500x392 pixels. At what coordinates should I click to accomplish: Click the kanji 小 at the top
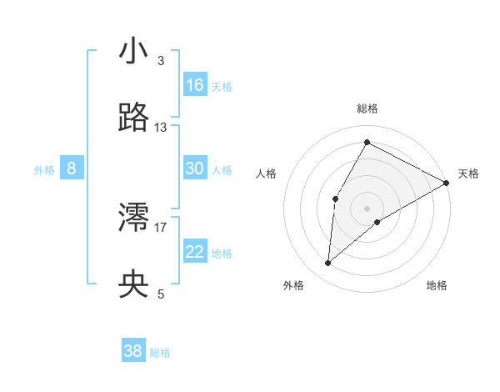pos(133,51)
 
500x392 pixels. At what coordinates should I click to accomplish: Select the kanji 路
pos(133,118)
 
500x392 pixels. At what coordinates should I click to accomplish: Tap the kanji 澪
pos(133,218)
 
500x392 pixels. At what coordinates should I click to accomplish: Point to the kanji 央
pos(133,284)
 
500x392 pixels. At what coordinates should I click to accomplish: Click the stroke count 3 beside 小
pos(160,61)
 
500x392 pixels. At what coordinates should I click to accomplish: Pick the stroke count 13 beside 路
pos(161,128)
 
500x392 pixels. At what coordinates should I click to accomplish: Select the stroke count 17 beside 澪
pos(161,227)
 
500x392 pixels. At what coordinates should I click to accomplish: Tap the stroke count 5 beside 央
pos(160,294)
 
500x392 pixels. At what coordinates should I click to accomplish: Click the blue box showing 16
pos(195,85)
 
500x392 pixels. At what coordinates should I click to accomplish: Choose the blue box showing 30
pos(195,168)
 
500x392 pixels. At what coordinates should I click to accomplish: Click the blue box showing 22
pos(195,252)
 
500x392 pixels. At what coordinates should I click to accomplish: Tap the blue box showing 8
pos(72,168)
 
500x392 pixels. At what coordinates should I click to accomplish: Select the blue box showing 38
pos(133,351)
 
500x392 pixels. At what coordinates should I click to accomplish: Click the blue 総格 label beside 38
pos(160,353)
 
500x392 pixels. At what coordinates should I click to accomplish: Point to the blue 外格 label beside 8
pos(44,170)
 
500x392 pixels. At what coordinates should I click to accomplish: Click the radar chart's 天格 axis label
pos(468,173)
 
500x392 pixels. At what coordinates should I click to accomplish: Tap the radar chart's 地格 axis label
pos(437,285)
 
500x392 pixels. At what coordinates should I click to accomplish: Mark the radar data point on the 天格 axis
pos(447,183)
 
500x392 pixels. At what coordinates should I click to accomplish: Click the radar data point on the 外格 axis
pos(327,264)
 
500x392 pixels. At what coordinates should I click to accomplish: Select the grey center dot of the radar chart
pos(367,208)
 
